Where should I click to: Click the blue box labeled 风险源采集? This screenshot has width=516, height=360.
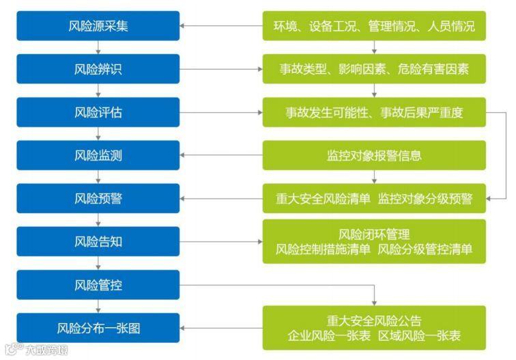point(98,26)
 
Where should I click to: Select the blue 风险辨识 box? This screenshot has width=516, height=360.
point(98,69)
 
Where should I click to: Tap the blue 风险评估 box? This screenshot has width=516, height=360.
point(98,112)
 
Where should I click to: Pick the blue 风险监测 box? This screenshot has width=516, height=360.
point(98,155)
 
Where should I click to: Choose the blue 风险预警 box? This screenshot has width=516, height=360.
point(98,198)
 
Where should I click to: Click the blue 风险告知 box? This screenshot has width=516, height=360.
point(98,241)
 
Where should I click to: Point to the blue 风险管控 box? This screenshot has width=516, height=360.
point(98,285)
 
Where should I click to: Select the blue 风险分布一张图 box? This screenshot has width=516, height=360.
point(98,328)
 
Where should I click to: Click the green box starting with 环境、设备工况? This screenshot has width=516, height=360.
point(374,26)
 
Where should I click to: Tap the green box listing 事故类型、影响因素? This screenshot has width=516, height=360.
point(374,69)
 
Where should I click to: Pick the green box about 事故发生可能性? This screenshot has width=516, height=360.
point(374,112)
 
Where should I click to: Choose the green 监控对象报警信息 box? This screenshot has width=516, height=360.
point(374,155)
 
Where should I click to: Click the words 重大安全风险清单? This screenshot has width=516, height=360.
point(323,199)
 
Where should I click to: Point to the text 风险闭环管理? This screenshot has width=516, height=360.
point(374,235)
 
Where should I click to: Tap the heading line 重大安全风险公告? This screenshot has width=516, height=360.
point(374,320)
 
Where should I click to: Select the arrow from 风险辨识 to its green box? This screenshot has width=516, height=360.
point(222,69)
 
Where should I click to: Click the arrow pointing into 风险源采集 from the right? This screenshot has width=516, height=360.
point(222,26)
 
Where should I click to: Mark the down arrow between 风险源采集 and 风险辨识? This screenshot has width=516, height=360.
point(98,48)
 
